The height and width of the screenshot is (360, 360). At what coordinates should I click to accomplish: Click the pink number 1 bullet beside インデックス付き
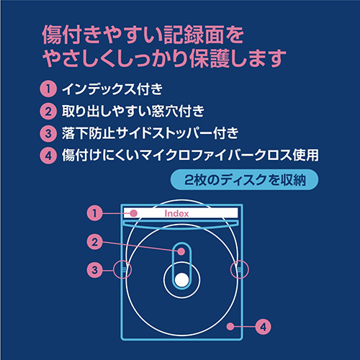tap(48, 90)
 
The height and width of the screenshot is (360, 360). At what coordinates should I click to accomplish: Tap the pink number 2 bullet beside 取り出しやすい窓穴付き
tap(48, 112)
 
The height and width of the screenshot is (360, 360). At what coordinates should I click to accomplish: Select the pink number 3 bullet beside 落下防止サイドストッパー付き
tap(48, 133)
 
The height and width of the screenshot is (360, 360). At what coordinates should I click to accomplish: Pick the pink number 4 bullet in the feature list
tap(48, 155)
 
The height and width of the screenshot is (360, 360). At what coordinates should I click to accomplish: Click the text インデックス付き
tap(112, 90)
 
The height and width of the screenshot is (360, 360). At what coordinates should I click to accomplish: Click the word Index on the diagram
tap(176, 213)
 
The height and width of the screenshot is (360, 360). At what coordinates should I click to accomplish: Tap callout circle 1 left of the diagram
tap(94, 213)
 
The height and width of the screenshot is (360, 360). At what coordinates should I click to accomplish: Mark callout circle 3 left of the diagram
tap(94, 270)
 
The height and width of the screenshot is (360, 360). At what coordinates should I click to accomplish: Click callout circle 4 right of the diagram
tap(264, 327)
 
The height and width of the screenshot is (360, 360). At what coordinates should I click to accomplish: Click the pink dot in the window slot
tap(182, 252)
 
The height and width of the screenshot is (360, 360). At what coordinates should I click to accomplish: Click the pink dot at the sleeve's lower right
tap(229, 327)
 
